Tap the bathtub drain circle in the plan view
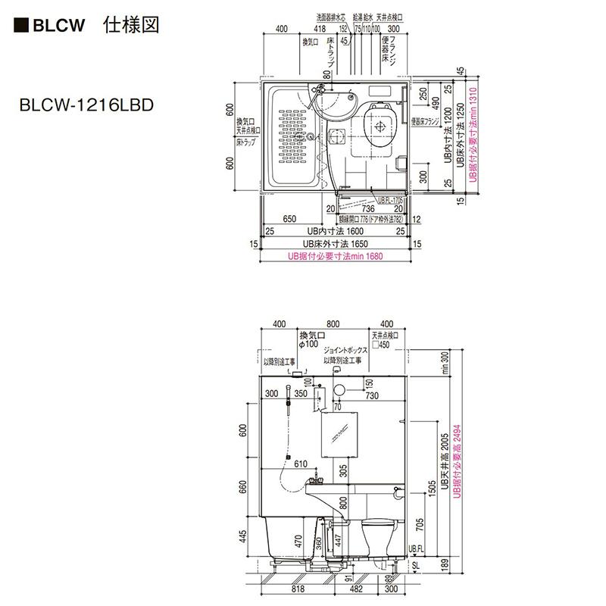(x=310, y=137)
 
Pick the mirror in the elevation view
(x=336, y=435)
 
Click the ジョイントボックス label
(x=345, y=351)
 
